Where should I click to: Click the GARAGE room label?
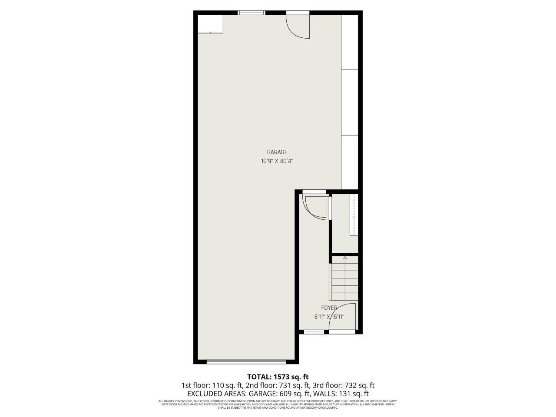tap(277, 152)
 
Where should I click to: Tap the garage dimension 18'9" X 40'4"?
tap(277, 161)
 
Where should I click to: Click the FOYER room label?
tap(329, 308)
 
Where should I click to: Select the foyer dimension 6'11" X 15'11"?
tap(329, 317)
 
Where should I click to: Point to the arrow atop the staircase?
tap(345, 258)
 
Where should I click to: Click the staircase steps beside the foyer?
tap(345, 280)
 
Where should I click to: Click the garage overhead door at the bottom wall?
tap(246, 361)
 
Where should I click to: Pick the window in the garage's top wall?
tap(252, 13)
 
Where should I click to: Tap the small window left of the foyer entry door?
tap(314, 332)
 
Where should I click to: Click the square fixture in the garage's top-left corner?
tap(210, 23)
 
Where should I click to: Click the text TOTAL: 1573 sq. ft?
tap(278, 377)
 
